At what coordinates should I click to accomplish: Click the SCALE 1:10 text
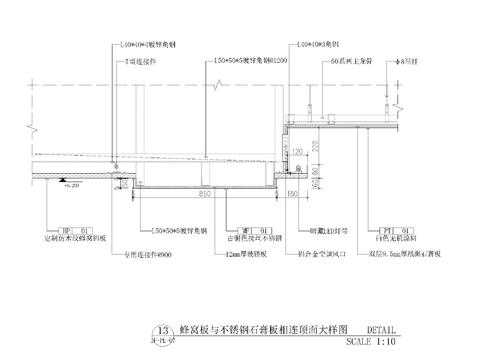(x=370, y=341)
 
